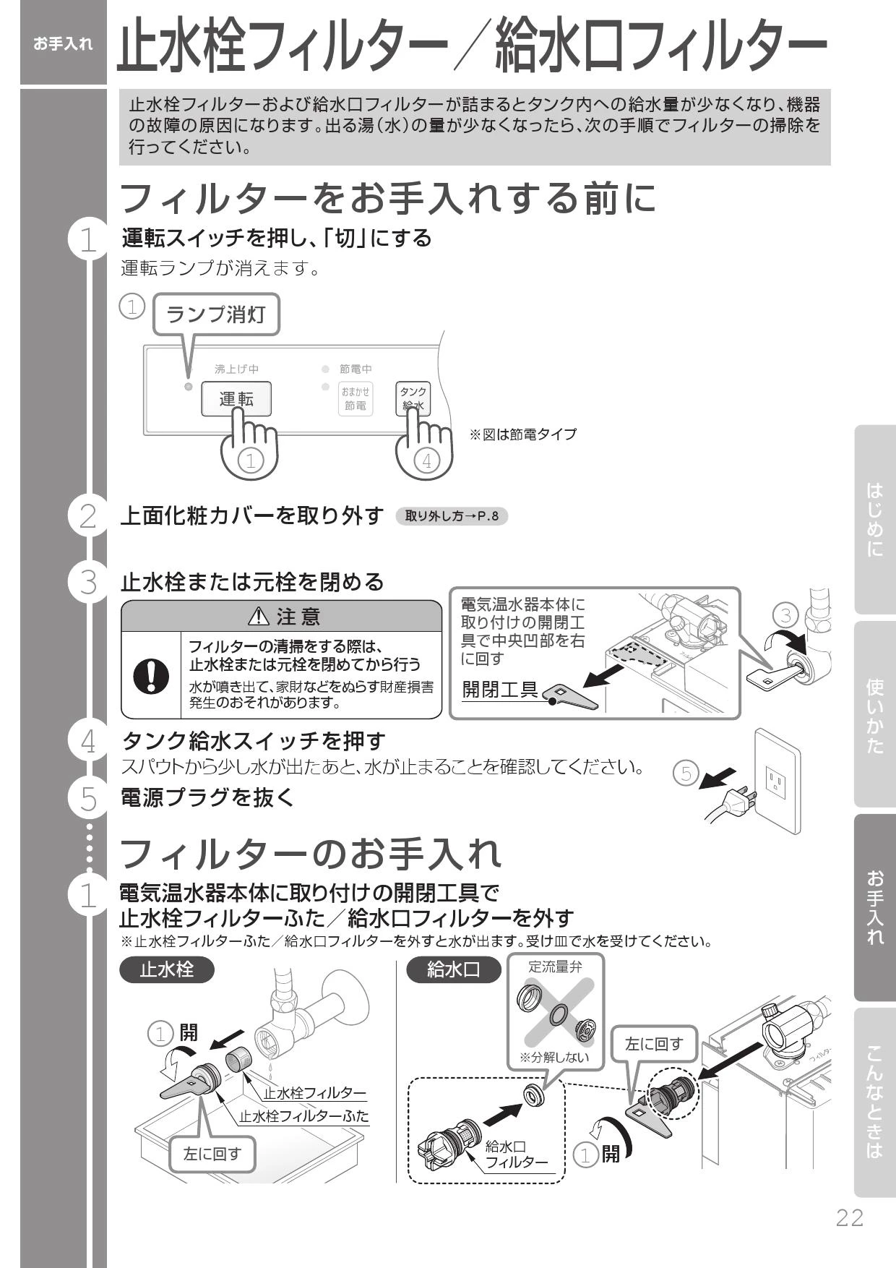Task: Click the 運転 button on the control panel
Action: pos(236,399)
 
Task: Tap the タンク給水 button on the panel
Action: pos(413,398)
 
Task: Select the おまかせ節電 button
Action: pos(355,398)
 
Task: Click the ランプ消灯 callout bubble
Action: pos(216,314)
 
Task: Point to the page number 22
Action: pos(850,1217)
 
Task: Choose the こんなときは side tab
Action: pos(874,1102)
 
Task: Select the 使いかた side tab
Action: pos(874,715)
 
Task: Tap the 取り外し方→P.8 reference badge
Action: pos(452,516)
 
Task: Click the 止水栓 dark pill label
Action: pos(167,969)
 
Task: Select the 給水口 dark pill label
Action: pos(453,969)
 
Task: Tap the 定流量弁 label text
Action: pos(555,967)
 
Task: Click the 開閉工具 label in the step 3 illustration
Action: pos(500,689)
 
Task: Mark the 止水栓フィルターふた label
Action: pos(304,1115)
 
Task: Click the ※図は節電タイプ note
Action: pos(523,434)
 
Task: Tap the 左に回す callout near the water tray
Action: pos(212,1154)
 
